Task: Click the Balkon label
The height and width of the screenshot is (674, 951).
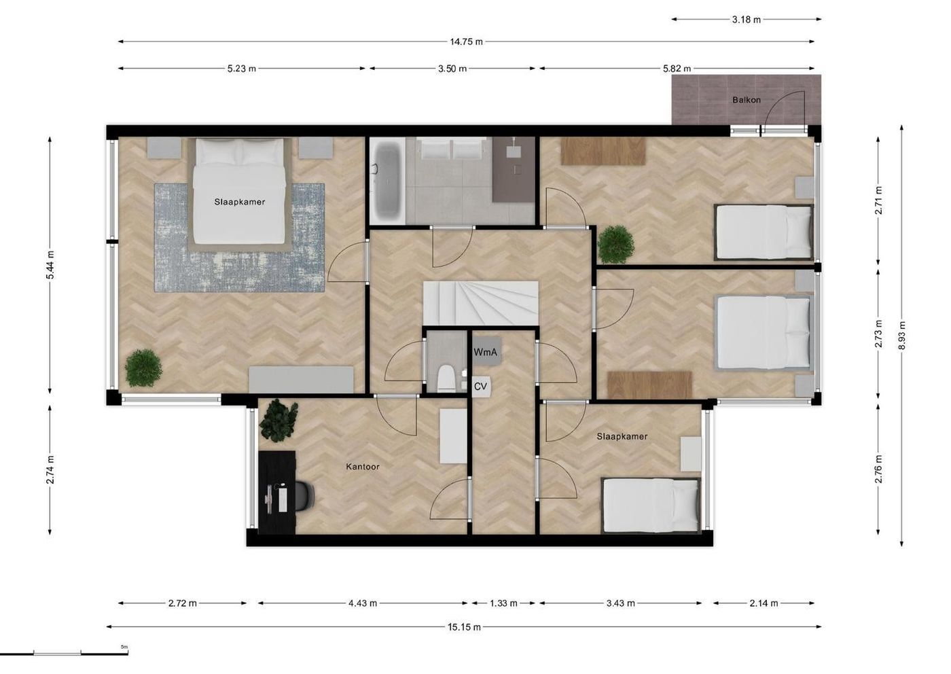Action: coord(747,101)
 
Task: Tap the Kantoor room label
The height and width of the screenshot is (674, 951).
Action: coord(363,467)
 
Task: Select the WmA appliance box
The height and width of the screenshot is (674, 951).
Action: coord(485,352)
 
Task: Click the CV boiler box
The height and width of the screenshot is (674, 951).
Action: coord(481,387)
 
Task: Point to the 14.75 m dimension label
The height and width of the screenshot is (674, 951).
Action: coord(466,41)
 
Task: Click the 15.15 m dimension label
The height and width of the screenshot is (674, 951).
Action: coord(464,627)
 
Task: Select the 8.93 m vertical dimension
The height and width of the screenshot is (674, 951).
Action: coord(902,335)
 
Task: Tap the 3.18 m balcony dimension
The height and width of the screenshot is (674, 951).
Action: coord(747,20)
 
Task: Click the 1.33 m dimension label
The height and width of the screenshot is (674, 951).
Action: coord(503,603)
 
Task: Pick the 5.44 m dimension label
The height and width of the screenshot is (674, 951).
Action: coord(50,266)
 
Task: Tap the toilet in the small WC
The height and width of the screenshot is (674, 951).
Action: coord(446,378)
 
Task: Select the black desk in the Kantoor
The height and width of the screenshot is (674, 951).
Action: coord(277,493)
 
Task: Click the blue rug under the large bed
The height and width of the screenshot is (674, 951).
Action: coord(239,237)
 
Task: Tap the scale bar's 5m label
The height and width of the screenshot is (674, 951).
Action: coord(124,647)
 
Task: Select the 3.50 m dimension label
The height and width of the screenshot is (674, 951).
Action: coord(452,69)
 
